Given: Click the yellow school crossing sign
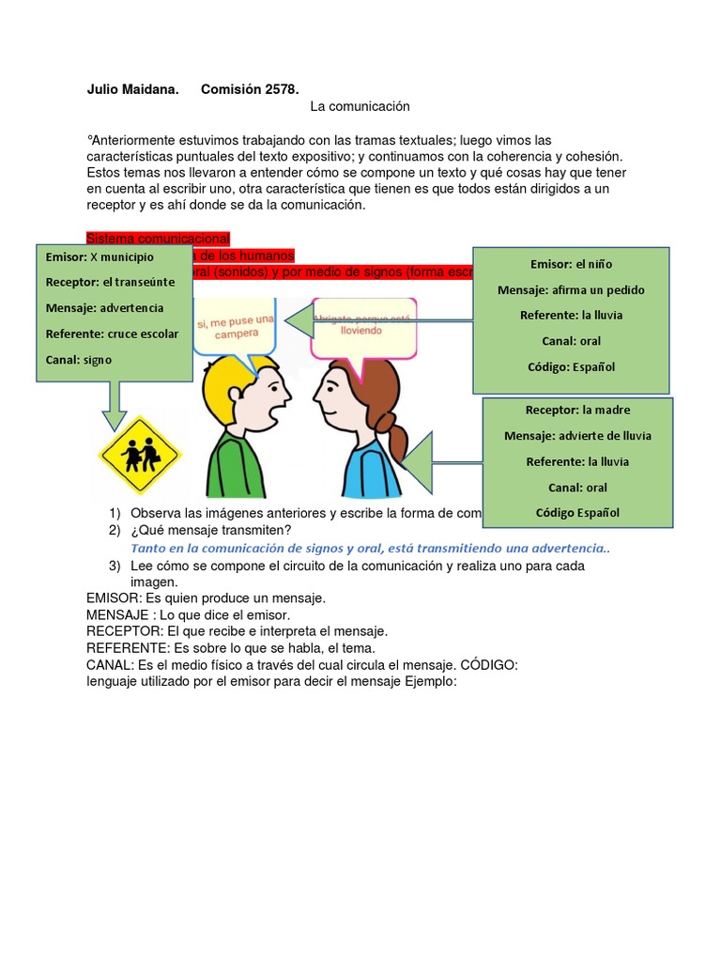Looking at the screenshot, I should click(140, 455).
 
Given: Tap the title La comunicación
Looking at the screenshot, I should click(360, 107).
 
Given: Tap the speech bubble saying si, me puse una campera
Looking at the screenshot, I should click(236, 326).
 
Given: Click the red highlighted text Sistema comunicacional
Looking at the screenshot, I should click(158, 239).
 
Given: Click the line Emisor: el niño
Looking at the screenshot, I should click(571, 264).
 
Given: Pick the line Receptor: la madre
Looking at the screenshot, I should click(577, 410).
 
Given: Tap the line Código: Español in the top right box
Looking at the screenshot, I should click(571, 366).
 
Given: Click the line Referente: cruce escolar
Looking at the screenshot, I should click(112, 333).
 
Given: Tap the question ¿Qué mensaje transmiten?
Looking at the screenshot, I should click(211, 531).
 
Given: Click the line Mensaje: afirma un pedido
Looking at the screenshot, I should click(571, 289).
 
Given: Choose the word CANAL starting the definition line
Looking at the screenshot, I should click(109, 665).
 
